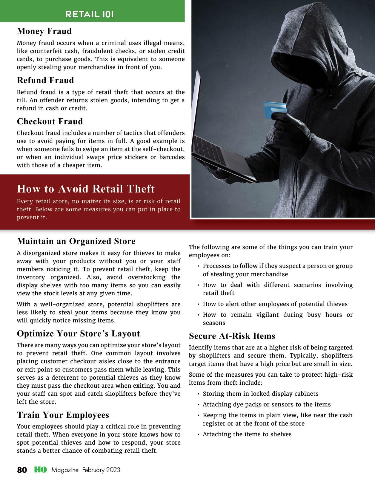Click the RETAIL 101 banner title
(x=89, y=14)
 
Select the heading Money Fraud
(x=44, y=31)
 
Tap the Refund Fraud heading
(x=45, y=80)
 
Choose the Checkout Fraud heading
(x=50, y=122)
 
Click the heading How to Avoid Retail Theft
(x=86, y=189)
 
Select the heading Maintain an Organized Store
(x=76, y=241)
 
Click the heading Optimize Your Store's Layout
(x=78, y=333)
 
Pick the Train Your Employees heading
(x=63, y=415)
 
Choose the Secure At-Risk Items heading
(x=232, y=336)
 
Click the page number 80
(x=22, y=470)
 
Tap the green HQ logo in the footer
(x=40, y=470)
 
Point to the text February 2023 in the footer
(x=101, y=470)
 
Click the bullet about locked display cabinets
(x=260, y=394)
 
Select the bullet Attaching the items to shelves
(x=247, y=434)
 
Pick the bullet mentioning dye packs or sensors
(x=267, y=404)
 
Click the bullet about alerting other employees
(x=275, y=304)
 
